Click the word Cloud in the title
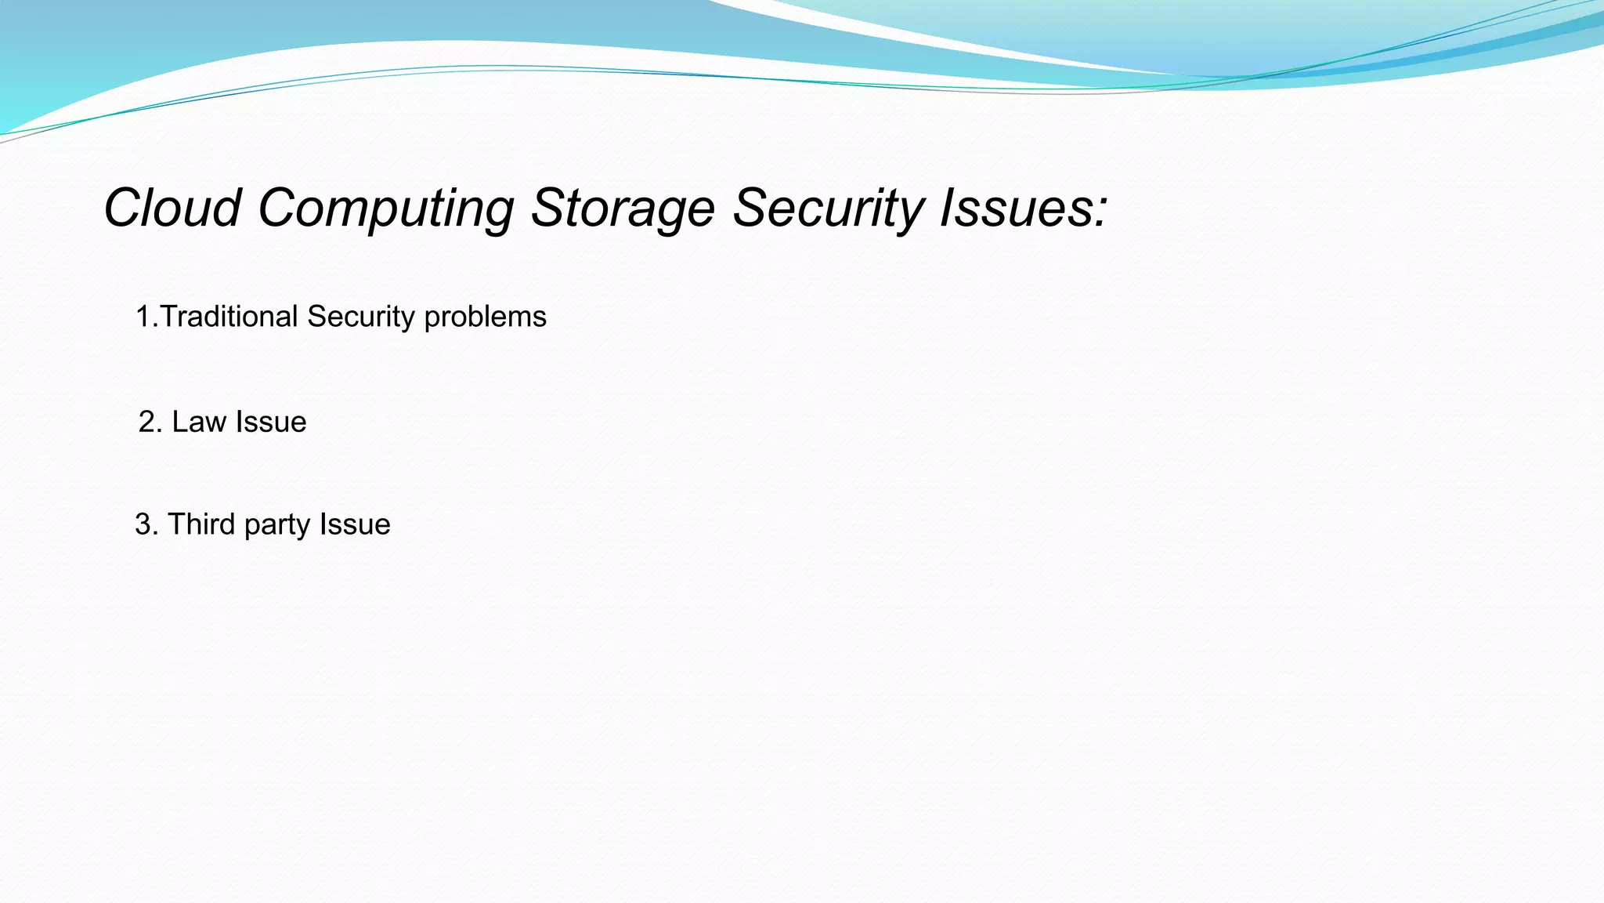[172, 209]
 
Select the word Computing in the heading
[385, 209]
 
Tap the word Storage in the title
[623, 209]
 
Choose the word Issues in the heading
[1015, 209]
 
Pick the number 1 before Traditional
[143, 317]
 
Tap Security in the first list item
[361, 317]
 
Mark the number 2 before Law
[146, 422]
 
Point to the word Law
[199, 422]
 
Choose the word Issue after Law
[271, 422]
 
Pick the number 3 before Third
[143, 524]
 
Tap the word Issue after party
[355, 524]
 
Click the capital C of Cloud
[123, 209]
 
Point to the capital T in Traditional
[169, 317]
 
